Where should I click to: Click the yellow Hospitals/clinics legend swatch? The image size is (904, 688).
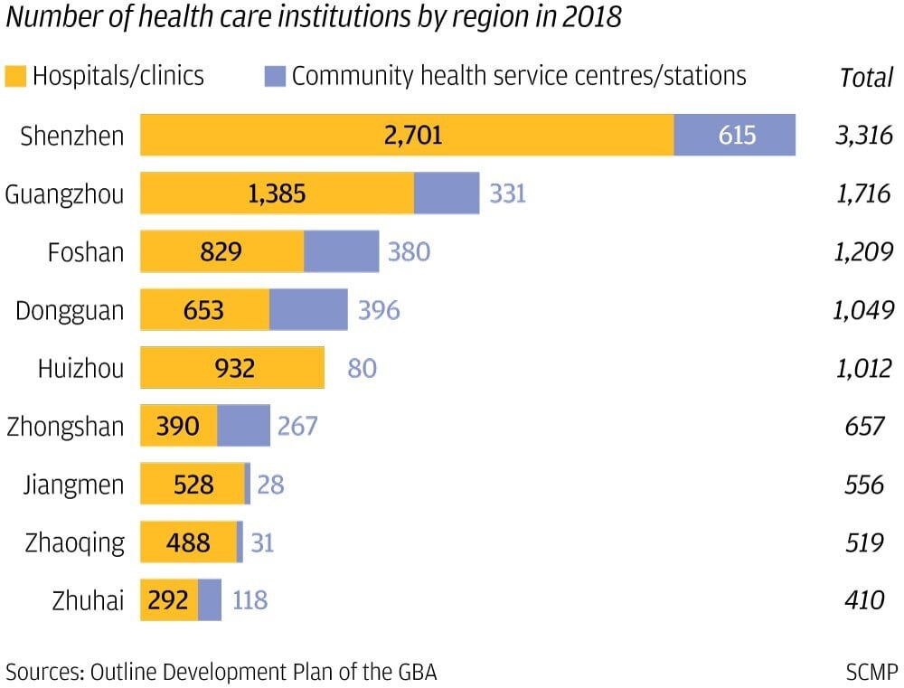(16, 75)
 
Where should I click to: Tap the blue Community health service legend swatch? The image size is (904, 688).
(275, 75)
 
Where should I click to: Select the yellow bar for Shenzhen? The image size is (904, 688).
(407, 135)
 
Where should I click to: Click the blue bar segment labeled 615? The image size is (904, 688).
(735, 135)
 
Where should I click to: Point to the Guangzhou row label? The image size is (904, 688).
(64, 193)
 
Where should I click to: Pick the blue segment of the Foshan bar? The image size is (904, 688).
(341, 251)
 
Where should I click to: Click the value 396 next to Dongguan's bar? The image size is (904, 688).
(378, 310)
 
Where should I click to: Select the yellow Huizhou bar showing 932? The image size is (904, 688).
(232, 368)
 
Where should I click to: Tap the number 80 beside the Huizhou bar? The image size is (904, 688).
(362, 368)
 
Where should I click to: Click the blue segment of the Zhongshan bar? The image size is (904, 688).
(243, 426)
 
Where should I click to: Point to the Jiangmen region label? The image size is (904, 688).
(73, 485)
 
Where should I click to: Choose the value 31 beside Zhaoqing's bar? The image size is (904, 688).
(261, 542)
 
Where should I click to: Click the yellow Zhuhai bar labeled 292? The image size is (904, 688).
(169, 600)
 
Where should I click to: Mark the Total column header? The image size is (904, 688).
(866, 78)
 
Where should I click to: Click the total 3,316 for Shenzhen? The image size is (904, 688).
(863, 136)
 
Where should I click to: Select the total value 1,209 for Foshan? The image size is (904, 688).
(863, 252)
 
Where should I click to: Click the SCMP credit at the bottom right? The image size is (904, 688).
(871, 672)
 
